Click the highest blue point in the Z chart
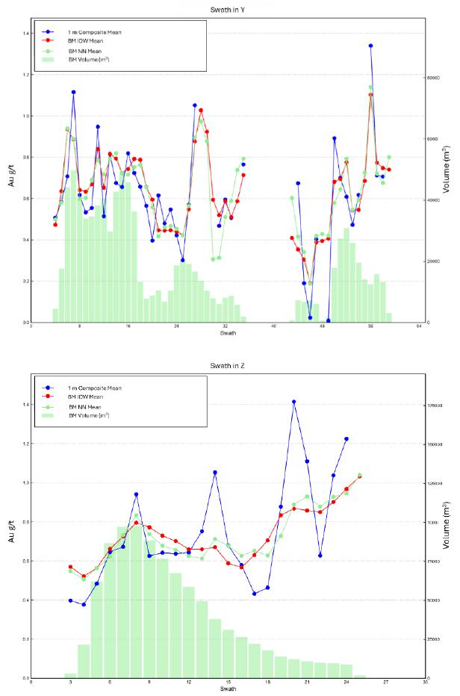tap(294, 402)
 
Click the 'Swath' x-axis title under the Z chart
tap(229, 689)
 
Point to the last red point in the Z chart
tap(360, 476)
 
